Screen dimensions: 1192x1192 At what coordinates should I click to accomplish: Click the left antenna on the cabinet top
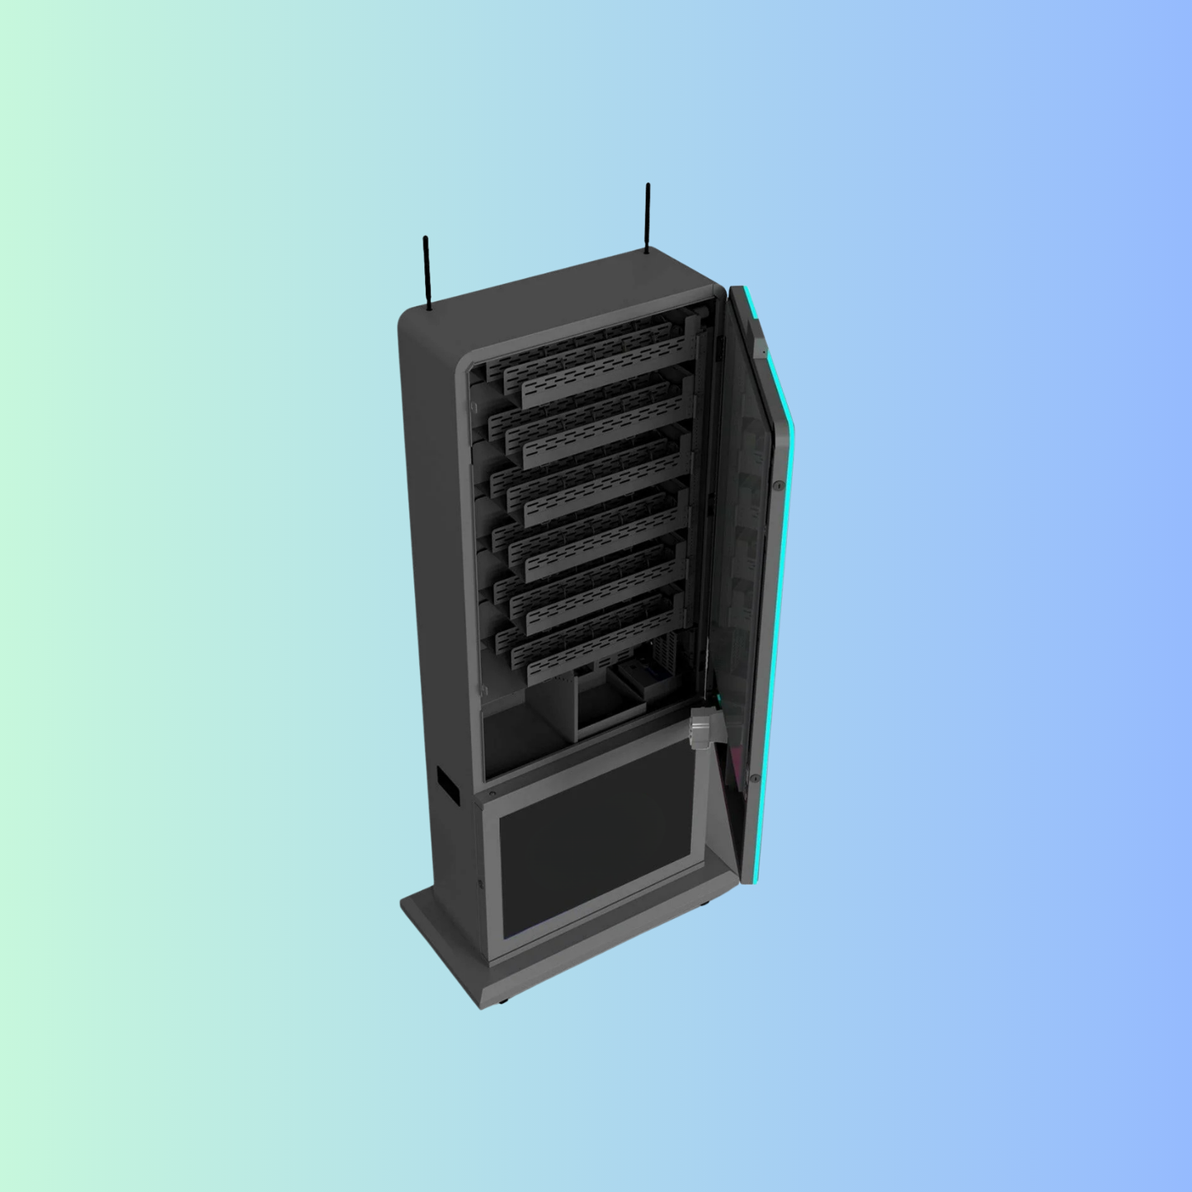[x=426, y=273]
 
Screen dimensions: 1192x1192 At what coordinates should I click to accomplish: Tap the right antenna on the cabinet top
[x=648, y=218]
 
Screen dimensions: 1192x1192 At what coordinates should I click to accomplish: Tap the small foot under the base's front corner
[x=502, y=1001]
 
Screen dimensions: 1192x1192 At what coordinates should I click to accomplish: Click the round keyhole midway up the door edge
[x=778, y=488]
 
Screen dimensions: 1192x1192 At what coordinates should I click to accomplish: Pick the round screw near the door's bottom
[x=754, y=778]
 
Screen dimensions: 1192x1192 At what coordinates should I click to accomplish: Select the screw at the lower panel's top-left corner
[x=492, y=794]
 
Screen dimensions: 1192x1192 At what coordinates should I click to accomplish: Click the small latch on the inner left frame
[x=486, y=690]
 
